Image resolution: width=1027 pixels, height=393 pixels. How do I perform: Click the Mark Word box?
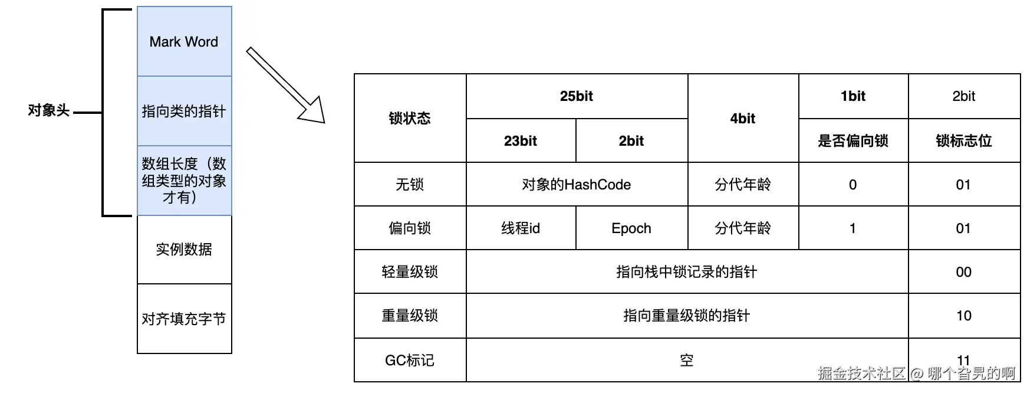(184, 41)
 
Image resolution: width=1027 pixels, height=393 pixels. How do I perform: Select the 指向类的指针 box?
(184, 111)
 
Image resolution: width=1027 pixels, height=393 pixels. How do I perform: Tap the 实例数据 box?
(184, 249)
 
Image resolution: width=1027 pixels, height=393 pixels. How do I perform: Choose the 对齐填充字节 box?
(184, 319)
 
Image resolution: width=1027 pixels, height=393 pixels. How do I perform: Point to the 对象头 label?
(48, 110)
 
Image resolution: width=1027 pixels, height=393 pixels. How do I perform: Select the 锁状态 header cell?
(410, 118)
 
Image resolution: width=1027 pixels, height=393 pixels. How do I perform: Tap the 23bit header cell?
(521, 140)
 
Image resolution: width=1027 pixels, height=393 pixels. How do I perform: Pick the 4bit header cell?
(743, 118)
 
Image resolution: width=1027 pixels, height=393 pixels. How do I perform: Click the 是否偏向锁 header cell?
(853, 140)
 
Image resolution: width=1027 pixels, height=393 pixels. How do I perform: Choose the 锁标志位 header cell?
(964, 140)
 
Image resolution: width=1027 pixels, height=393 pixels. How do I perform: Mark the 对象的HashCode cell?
(577, 185)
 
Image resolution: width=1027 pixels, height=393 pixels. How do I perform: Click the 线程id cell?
(521, 228)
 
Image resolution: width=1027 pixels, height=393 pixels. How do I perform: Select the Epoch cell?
(631, 228)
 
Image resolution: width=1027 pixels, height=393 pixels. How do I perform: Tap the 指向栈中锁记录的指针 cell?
(687, 272)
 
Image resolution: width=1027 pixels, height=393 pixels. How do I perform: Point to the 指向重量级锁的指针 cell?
(687, 316)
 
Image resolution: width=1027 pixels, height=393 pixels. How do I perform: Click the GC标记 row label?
(410, 360)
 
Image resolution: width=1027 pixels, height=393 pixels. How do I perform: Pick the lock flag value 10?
(964, 316)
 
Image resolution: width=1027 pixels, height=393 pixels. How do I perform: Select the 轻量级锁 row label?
(410, 272)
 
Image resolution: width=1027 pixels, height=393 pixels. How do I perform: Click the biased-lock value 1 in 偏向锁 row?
(853, 228)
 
